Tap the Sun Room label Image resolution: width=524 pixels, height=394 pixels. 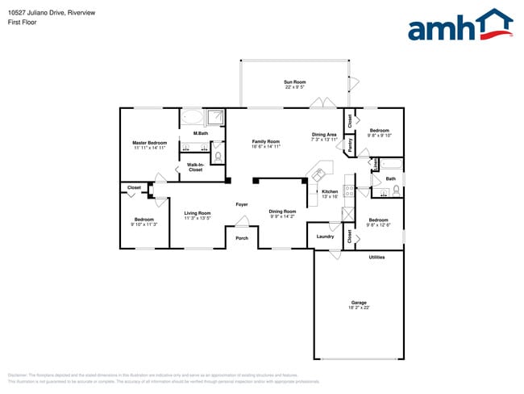point(294,82)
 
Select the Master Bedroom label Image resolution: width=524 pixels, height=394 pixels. point(150,143)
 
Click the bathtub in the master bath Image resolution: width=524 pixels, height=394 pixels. point(192,118)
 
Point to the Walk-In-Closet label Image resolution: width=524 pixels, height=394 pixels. point(195,167)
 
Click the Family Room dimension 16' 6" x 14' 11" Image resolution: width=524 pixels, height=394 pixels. point(266,147)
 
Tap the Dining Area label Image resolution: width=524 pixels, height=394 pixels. point(324,134)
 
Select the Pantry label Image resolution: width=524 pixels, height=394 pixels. point(350,145)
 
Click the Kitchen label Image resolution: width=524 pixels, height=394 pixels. point(330,191)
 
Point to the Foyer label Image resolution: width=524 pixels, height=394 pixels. point(242,205)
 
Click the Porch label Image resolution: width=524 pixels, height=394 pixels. point(242,238)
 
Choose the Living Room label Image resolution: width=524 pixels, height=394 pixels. point(198,213)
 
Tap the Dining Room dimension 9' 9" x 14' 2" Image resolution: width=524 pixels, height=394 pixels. point(282,216)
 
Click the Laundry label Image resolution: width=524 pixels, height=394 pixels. point(326,237)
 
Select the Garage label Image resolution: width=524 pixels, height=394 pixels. point(358,303)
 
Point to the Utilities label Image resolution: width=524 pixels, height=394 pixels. point(376,258)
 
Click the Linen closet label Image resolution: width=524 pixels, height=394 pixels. point(376,163)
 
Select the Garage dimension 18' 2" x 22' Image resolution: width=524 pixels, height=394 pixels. point(358,308)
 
